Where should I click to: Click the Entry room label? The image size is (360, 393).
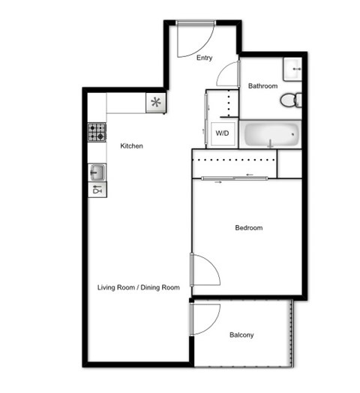(x=204, y=58)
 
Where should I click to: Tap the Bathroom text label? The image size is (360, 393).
(x=262, y=86)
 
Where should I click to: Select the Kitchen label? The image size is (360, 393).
(x=131, y=145)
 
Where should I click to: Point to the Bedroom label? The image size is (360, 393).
(x=248, y=228)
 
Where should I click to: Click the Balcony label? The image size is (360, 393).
(x=241, y=335)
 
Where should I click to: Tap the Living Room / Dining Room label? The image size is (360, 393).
(x=139, y=287)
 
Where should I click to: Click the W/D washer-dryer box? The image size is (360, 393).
(x=223, y=133)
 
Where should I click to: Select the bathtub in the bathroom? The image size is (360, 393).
(x=271, y=135)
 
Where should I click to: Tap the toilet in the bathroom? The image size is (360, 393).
(x=296, y=99)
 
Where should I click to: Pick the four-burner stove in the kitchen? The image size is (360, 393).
(x=97, y=132)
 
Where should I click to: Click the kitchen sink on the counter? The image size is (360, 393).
(x=97, y=172)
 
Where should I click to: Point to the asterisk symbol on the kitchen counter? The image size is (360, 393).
(x=156, y=103)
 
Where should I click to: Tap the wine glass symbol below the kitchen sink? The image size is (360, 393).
(x=97, y=190)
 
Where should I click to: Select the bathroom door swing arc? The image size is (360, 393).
(x=227, y=75)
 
